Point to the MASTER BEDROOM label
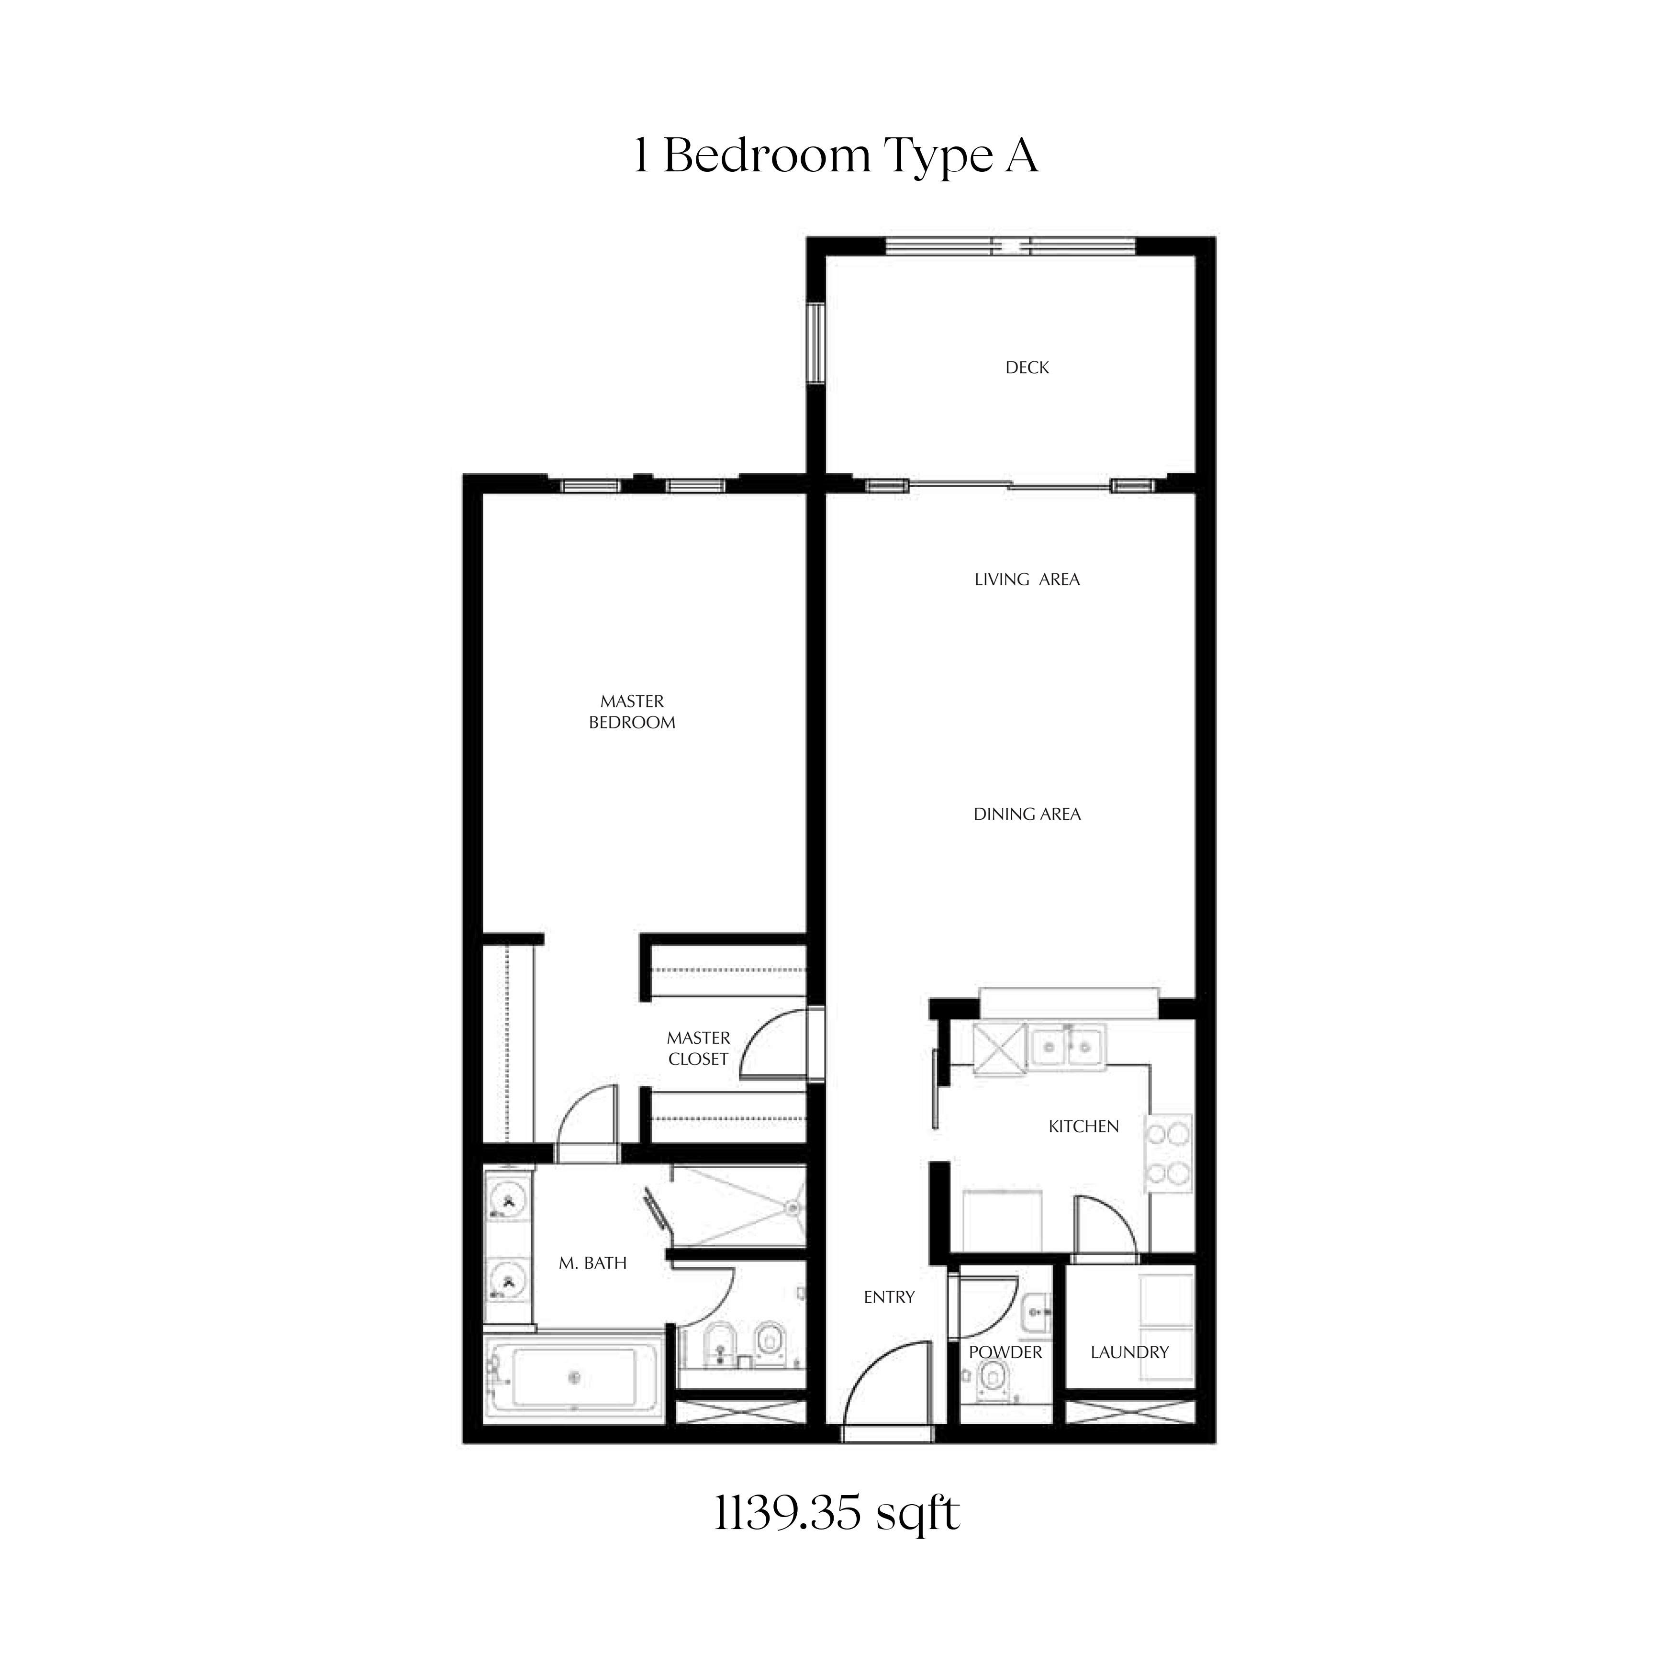click(x=632, y=712)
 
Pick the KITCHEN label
click(x=1083, y=1126)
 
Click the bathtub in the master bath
click(x=574, y=1378)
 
